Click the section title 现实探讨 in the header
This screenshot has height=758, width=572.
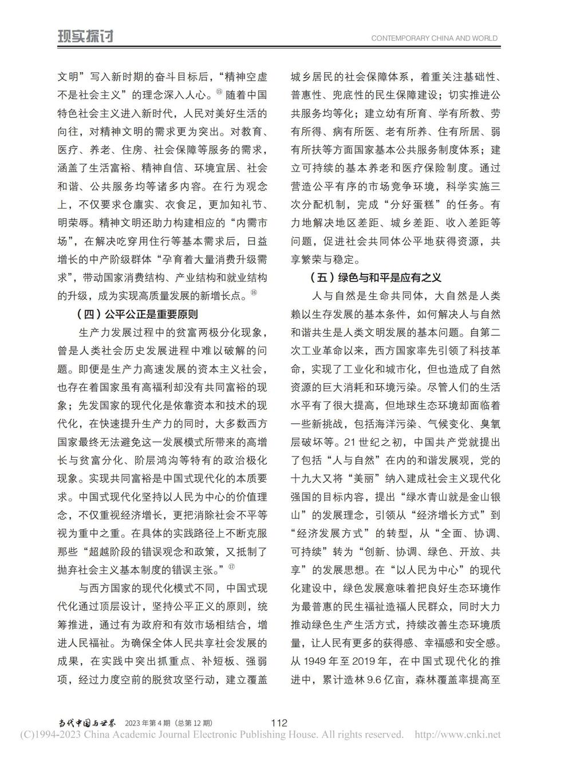pyautogui.click(x=85, y=37)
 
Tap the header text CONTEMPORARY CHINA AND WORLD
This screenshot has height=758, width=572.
pyautogui.click(x=434, y=38)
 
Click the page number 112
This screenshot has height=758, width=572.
pyautogui.click(x=279, y=723)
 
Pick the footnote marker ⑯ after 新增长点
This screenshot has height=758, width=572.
pyautogui.click(x=254, y=293)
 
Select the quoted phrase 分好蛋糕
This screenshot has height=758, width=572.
pyautogui.click(x=421, y=204)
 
